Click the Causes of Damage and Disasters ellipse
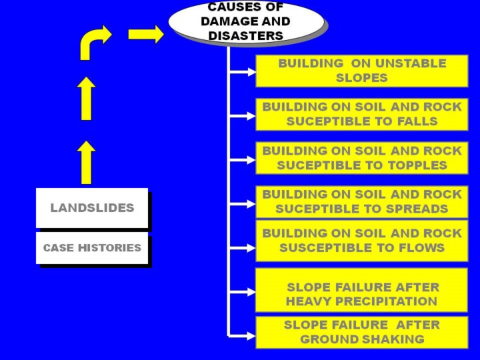(245, 21)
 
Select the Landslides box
(92, 208)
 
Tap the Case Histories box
(92, 248)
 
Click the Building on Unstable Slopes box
(362, 71)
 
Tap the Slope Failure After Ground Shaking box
(362, 332)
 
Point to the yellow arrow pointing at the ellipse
(146, 34)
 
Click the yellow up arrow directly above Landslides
(86, 162)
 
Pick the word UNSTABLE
(410, 63)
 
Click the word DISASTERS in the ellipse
(245, 35)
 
